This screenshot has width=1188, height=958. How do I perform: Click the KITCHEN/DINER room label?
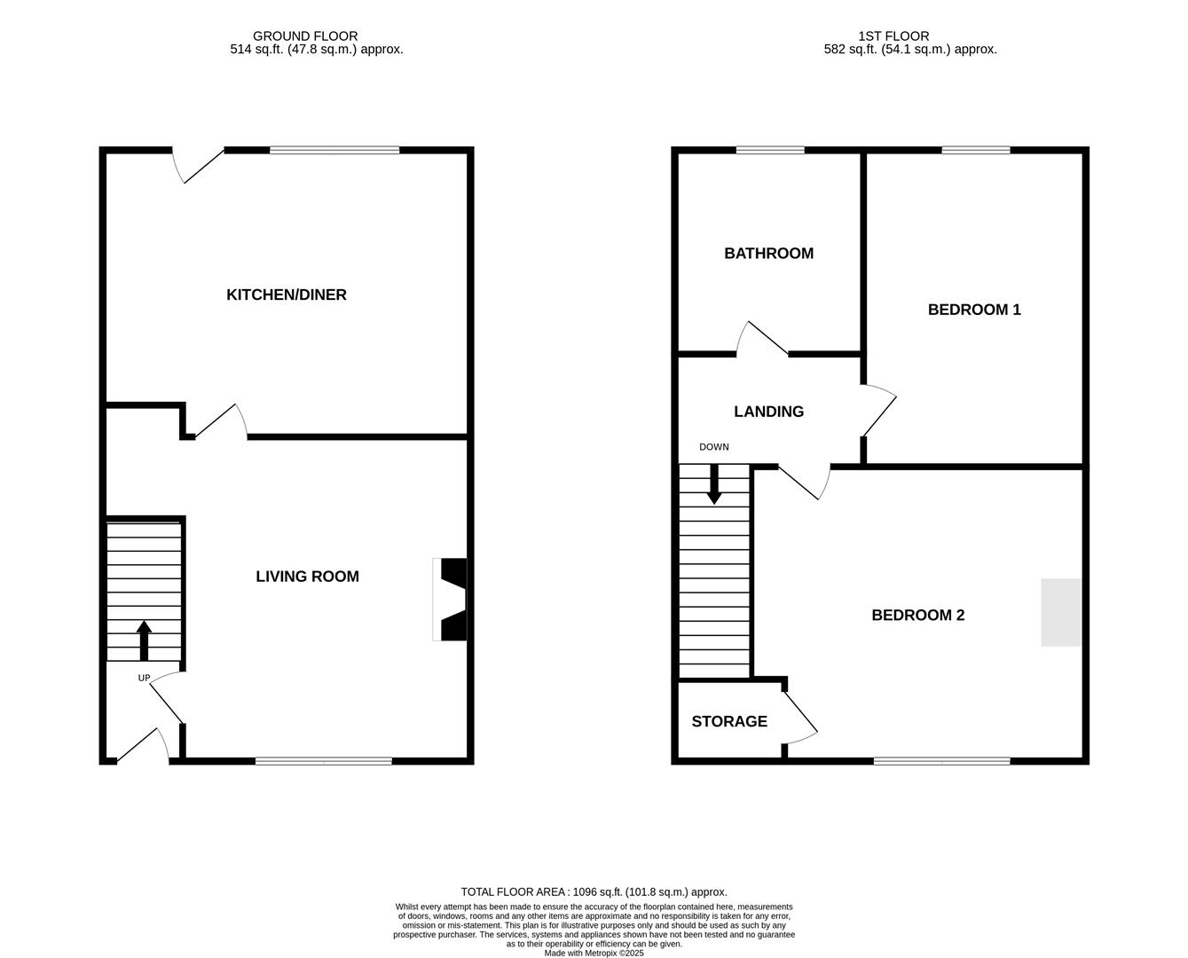tap(287, 294)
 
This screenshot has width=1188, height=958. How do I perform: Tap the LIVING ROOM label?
tap(308, 577)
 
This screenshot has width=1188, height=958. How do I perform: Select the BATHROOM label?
tap(769, 254)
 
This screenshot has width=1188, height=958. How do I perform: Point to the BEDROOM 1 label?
tap(974, 310)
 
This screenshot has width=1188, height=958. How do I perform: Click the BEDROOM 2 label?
tap(918, 616)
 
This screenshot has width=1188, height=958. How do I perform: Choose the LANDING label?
tap(769, 412)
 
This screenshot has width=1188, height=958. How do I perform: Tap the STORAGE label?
tap(729, 722)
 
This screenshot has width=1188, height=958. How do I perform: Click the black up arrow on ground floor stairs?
tap(144, 640)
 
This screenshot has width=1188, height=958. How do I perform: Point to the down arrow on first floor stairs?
tap(714, 484)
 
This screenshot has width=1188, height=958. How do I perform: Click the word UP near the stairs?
tap(144, 679)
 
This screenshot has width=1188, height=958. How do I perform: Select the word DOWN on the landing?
tap(714, 447)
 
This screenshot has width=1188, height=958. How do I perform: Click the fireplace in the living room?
tap(450, 600)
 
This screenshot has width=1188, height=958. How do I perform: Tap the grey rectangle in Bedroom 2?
tap(1061, 613)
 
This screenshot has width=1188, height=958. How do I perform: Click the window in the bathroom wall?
tap(770, 150)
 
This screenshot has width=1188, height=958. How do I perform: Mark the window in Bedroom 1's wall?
tap(976, 150)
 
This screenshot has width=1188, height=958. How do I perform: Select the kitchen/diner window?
tap(334, 150)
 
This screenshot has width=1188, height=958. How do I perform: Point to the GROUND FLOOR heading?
tap(305, 36)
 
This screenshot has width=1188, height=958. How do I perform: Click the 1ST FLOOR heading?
tap(893, 36)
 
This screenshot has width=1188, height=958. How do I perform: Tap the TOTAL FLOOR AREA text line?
tap(594, 891)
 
